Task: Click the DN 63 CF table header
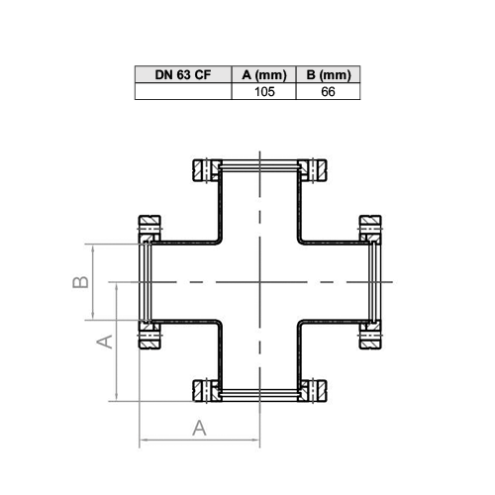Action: point(183,75)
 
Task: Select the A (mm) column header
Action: point(264,75)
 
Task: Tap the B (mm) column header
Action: point(329,75)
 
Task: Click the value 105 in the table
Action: point(264,92)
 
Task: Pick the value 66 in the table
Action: point(328,92)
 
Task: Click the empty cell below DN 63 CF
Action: point(183,91)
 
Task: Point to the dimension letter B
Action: point(80,282)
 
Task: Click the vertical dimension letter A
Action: point(105,342)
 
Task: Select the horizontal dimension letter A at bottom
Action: point(199,428)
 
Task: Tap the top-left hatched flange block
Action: point(207,170)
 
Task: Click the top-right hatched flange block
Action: point(312,170)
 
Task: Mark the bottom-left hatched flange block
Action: point(207,391)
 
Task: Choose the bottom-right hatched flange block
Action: point(312,391)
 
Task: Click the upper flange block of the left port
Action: point(149,229)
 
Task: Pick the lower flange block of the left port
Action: point(149,335)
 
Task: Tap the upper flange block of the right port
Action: point(370,229)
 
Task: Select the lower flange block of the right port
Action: point(370,335)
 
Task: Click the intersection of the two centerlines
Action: point(260,282)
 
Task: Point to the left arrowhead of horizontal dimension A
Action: point(143,440)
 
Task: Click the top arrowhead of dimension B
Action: point(93,248)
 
